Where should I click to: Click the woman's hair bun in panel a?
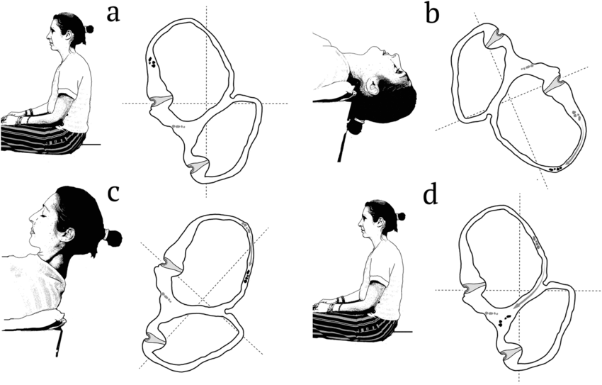tap(89, 29)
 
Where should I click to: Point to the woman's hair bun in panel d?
tap(401, 216)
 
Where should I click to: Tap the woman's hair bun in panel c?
tap(113, 238)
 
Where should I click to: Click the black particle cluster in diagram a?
tap(152, 63)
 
